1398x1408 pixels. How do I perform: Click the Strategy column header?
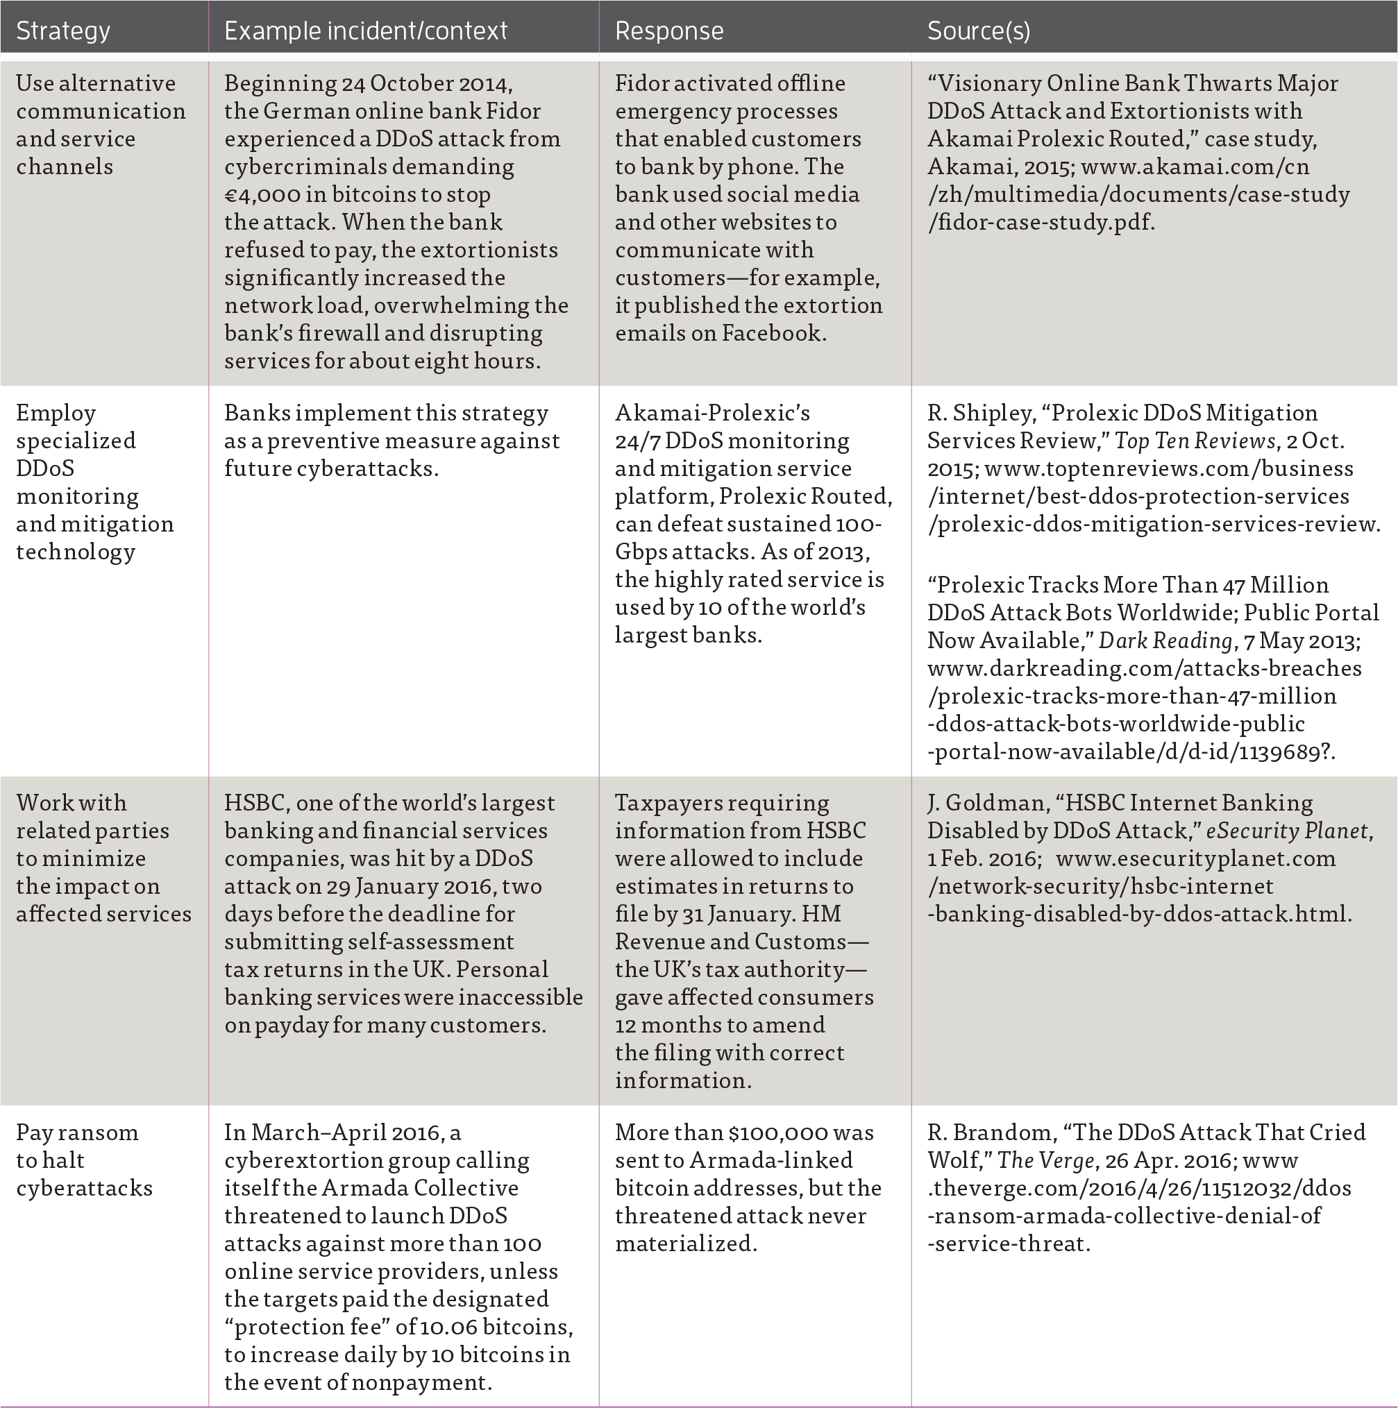[62, 31]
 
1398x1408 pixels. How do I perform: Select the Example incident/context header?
[365, 31]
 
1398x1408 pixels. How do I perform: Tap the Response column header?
[668, 31]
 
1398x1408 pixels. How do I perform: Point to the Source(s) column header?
[978, 31]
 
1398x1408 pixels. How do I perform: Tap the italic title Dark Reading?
[1164, 641]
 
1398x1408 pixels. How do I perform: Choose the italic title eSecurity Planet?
[1286, 831]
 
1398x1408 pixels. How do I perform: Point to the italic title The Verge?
[1045, 1160]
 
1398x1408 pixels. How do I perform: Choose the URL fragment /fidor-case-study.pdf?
[1041, 222]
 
